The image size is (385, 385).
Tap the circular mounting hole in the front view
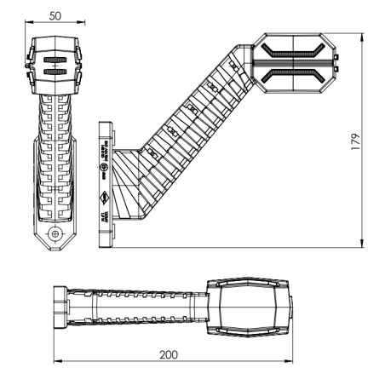point(55,232)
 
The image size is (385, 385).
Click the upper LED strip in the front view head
point(55,61)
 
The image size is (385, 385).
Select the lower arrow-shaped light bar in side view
point(293,76)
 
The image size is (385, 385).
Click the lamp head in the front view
point(55,66)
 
